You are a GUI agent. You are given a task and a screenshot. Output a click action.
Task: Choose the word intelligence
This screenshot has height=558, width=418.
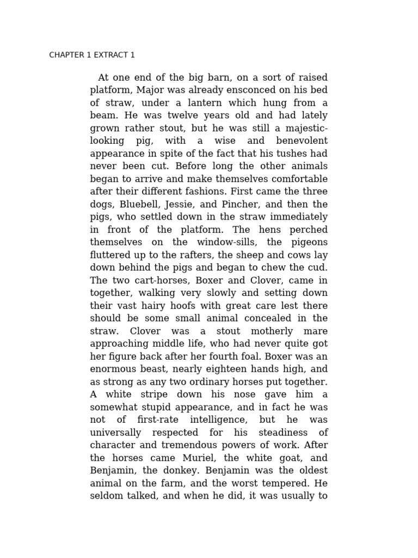point(218,420)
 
